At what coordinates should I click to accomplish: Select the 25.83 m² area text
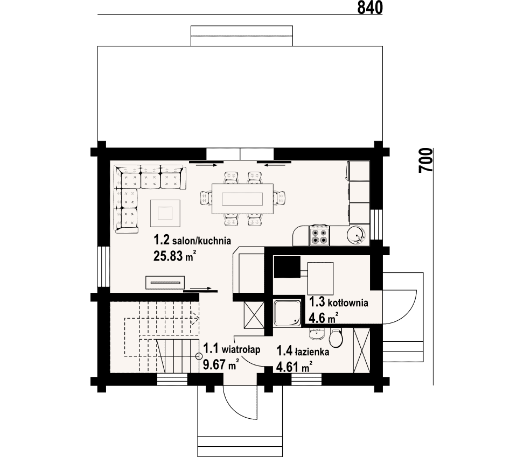click(x=174, y=256)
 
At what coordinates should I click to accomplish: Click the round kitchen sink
click(x=357, y=235)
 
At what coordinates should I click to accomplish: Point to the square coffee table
click(x=165, y=213)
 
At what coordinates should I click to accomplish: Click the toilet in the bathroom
click(x=335, y=339)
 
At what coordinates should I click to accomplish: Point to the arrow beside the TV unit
click(x=201, y=288)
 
